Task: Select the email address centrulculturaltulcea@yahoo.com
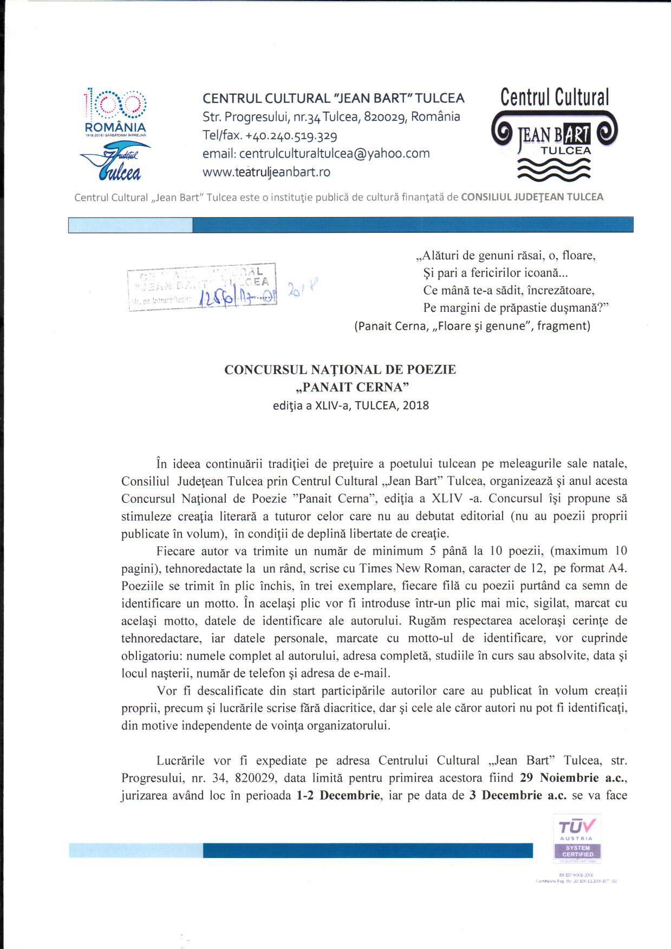coord(316,153)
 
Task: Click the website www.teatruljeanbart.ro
coord(266,172)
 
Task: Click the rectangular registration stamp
coord(203,287)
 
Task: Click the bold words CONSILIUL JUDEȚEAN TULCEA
coord(532,197)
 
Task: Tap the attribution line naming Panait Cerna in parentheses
coord(472,326)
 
